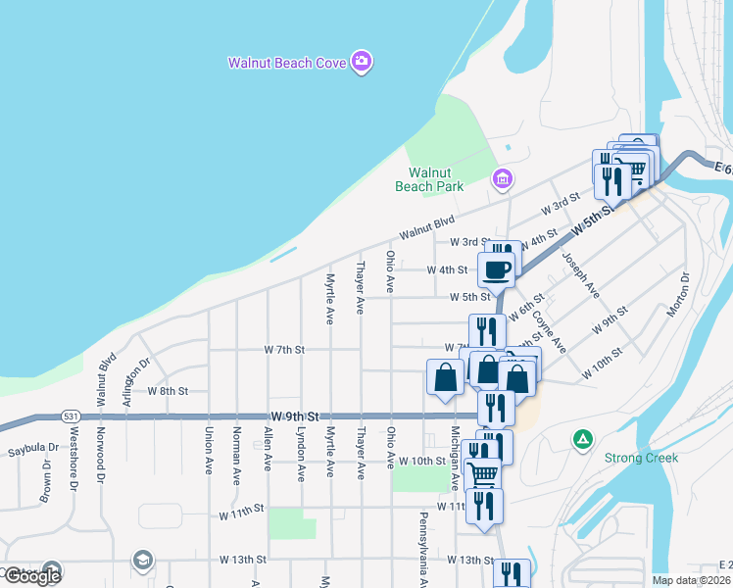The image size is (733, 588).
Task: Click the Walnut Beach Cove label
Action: (x=287, y=63)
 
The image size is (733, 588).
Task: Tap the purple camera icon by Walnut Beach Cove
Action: (x=363, y=63)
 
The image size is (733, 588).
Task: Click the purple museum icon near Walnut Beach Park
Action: (x=502, y=177)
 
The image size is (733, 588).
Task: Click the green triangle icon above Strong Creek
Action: (x=582, y=439)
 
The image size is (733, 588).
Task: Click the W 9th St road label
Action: (x=293, y=416)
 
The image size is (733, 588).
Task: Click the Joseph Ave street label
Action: (x=580, y=275)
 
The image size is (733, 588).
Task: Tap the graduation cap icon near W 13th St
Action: (x=143, y=560)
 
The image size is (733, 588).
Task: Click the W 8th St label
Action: (x=167, y=390)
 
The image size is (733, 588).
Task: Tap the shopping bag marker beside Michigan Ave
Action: (x=446, y=377)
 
